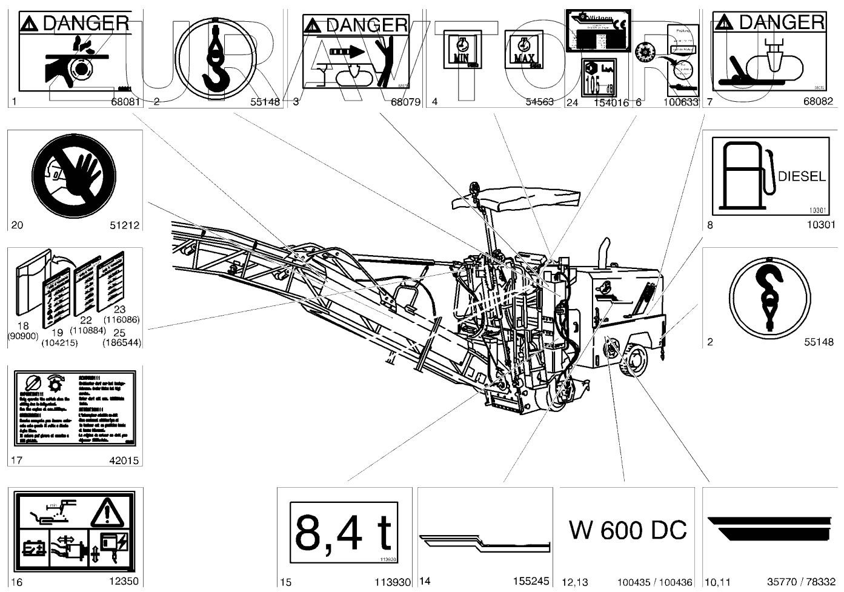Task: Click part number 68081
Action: (x=126, y=102)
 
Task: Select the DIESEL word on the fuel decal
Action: (x=801, y=176)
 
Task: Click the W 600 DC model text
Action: (x=628, y=530)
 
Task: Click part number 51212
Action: (x=124, y=225)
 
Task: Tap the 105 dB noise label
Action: (x=597, y=77)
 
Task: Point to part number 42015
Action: (x=124, y=461)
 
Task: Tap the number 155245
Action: (x=530, y=581)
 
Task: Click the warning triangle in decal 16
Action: (x=107, y=512)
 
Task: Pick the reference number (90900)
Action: (x=23, y=336)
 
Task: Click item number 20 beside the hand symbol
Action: (x=17, y=225)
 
